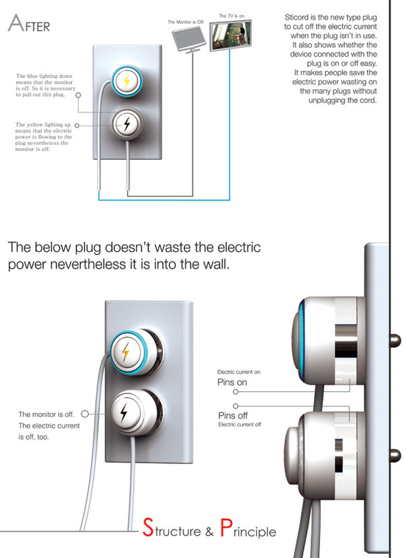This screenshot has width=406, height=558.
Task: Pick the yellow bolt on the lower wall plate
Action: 125,352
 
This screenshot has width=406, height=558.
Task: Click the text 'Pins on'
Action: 232,382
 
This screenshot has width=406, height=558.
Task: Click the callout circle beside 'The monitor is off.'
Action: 84,413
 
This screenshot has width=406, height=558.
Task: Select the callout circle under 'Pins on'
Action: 235,391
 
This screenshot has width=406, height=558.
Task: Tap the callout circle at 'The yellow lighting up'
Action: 77,125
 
